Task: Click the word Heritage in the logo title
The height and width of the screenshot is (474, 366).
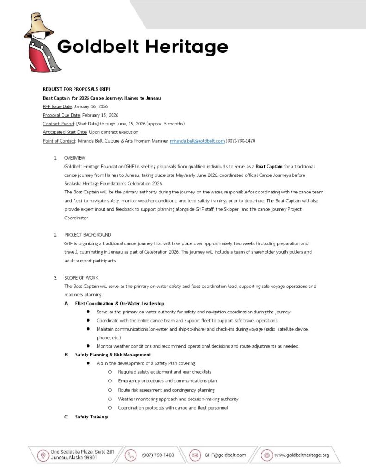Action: tap(188, 47)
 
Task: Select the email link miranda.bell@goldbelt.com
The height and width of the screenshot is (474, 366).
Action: tap(197, 141)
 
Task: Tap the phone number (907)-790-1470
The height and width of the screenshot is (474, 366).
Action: tap(241, 141)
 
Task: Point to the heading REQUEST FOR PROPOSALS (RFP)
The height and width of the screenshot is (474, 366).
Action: tap(76, 89)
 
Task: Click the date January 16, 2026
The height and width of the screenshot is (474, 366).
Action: tap(91, 106)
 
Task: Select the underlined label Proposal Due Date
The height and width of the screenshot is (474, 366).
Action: tap(62, 115)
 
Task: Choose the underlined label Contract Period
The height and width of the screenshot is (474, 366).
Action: tap(59, 124)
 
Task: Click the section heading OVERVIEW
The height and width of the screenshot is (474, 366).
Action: tap(75, 158)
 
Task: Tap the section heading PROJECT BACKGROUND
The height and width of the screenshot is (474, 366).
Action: tap(87, 235)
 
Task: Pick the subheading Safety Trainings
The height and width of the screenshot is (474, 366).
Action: tap(92, 417)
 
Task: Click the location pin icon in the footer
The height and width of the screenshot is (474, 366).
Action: tap(43, 455)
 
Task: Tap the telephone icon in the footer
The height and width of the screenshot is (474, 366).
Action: tap(132, 455)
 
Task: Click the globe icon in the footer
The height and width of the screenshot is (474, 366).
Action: tap(267, 455)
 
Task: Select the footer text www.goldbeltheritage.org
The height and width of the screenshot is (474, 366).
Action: tap(302, 455)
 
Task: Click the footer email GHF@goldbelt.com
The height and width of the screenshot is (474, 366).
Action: tap(225, 455)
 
